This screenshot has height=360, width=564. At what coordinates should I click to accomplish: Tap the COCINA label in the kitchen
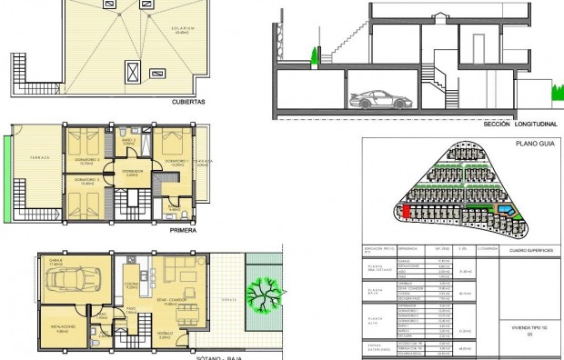point(131,285)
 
